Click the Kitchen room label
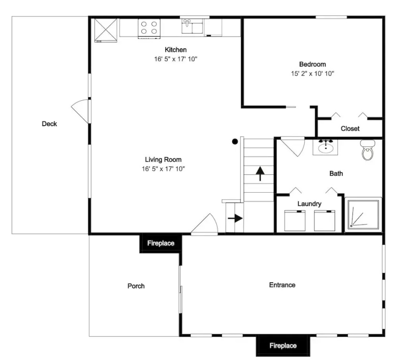[176, 50]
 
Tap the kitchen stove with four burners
[149, 29]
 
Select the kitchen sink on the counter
[192, 26]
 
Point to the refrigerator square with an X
[106, 30]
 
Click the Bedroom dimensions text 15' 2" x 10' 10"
[313, 74]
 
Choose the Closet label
[350, 128]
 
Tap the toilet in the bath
[367, 150]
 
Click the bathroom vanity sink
[326, 147]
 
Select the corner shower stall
[363, 215]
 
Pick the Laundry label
[309, 203]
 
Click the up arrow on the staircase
[260, 173]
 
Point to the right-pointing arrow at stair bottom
[235, 218]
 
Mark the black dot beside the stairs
[235, 142]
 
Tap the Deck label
[49, 124]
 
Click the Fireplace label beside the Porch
[161, 243]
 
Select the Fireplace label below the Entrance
[283, 345]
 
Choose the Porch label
[136, 286]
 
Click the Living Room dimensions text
[163, 169]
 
